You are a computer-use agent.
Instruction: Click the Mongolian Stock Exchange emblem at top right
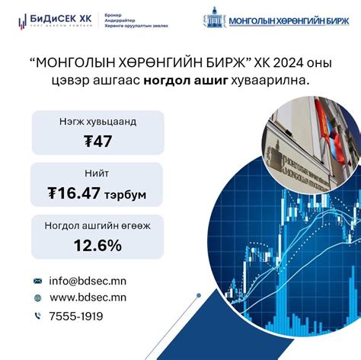pyautogui.click(x=216, y=19)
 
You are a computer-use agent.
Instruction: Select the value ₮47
pyautogui.click(x=97, y=142)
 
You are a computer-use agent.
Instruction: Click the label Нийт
pyautogui.click(x=97, y=174)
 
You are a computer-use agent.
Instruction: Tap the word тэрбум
pyautogui.click(x=127, y=195)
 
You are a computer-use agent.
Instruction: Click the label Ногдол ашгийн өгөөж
pyautogui.click(x=97, y=226)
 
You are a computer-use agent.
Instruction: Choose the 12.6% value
pyautogui.click(x=97, y=245)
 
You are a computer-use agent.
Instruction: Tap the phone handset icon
pyautogui.click(x=38, y=316)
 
